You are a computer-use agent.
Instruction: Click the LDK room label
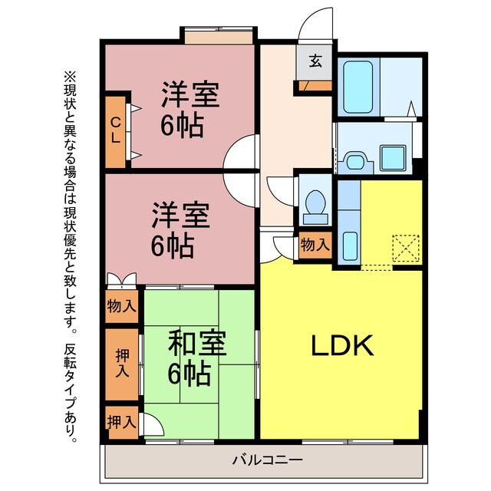(341, 347)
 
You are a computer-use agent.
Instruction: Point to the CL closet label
(115, 131)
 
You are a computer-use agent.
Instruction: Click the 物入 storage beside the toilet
(315, 245)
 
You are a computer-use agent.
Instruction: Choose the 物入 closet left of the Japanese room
(121, 306)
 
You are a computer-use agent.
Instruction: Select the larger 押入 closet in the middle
(122, 364)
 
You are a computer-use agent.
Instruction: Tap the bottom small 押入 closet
(121, 421)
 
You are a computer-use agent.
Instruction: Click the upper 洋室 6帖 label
(189, 107)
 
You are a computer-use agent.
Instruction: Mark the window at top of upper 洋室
(218, 36)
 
